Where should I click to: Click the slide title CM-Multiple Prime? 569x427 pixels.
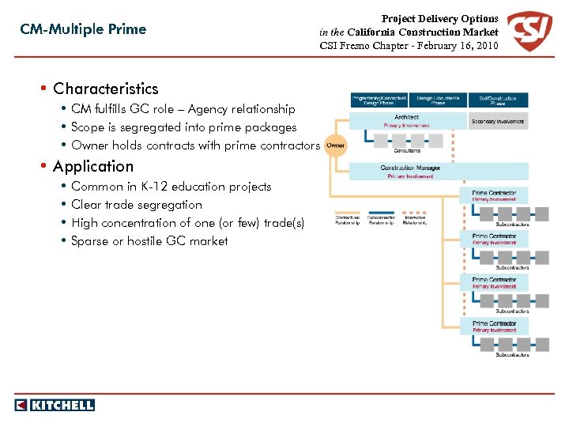(83, 29)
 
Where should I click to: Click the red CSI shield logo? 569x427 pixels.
(529, 32)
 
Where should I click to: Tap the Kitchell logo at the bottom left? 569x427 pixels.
(55, 405)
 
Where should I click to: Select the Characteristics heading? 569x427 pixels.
(105, 89)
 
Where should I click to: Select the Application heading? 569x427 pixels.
(93, 166)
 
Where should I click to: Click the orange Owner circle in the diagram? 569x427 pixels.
(336, 145)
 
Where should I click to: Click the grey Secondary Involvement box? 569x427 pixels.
(499, 121)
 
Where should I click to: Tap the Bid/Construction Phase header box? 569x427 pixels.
(499, 100)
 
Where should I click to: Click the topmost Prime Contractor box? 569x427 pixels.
(495, 195)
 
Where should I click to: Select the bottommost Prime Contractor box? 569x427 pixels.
(495, 326)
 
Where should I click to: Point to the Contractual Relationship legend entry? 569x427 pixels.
(348, 219)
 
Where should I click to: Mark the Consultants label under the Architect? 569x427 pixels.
(408, 150)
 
